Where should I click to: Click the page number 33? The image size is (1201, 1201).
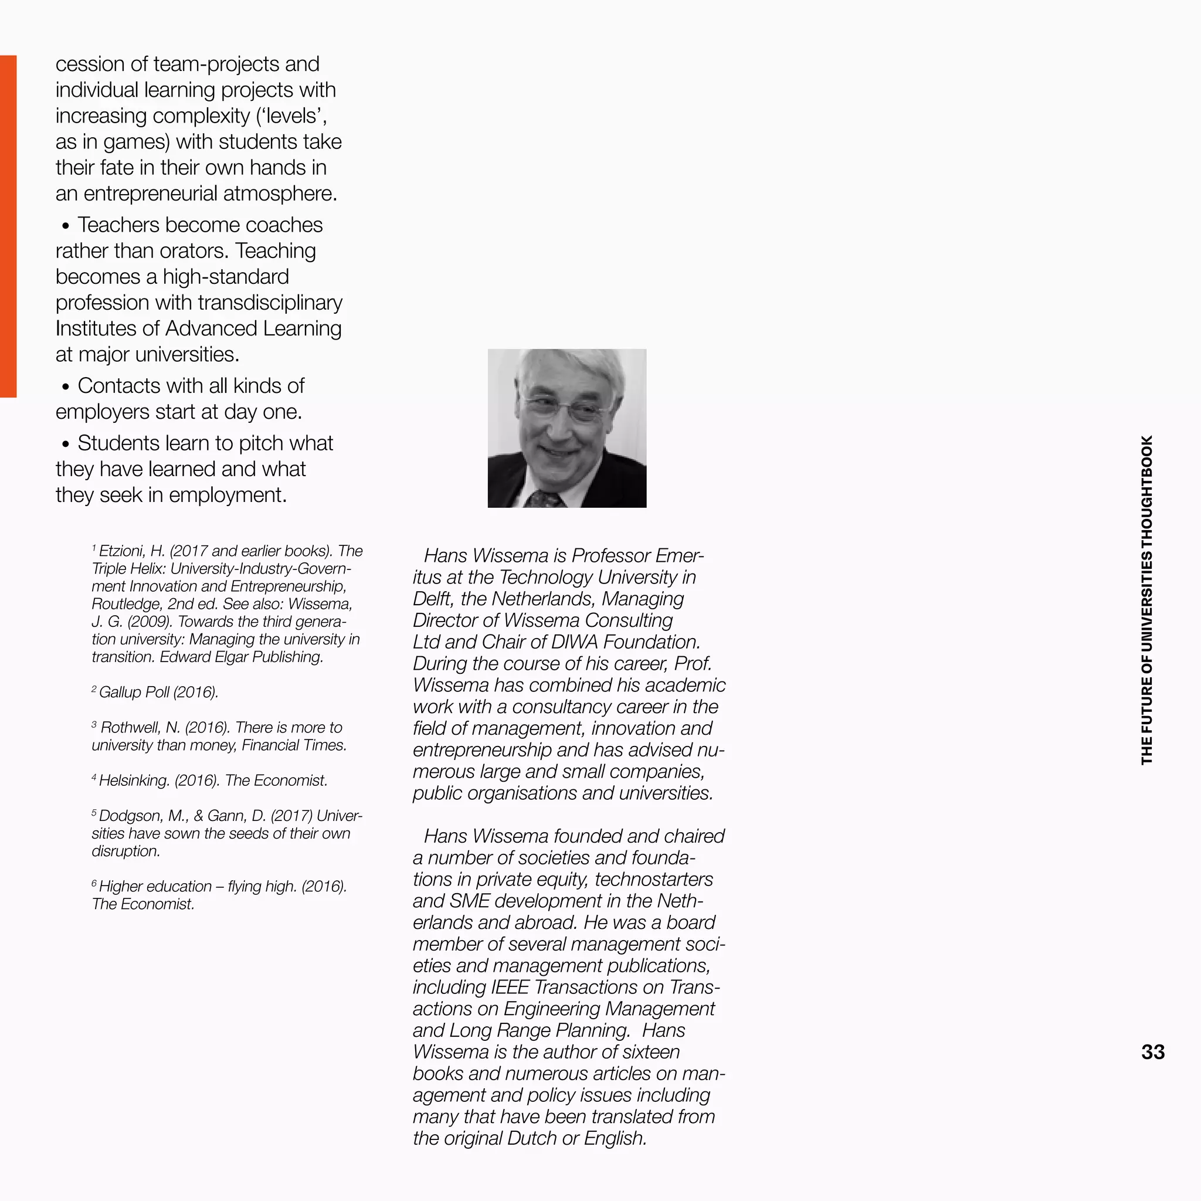click(1152, 1052)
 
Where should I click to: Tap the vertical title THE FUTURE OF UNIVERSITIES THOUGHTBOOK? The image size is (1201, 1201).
click(1147, 600)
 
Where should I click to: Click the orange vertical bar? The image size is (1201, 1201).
click(8, 226)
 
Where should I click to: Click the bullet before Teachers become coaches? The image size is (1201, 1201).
click(65, 226)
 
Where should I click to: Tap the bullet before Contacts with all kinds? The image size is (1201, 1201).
click(65, 386)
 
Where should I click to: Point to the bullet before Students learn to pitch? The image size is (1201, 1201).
click(65, 444)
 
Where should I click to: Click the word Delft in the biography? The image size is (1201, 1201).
click(432, 599)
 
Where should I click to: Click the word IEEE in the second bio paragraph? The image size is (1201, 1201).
click(510, 987)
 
